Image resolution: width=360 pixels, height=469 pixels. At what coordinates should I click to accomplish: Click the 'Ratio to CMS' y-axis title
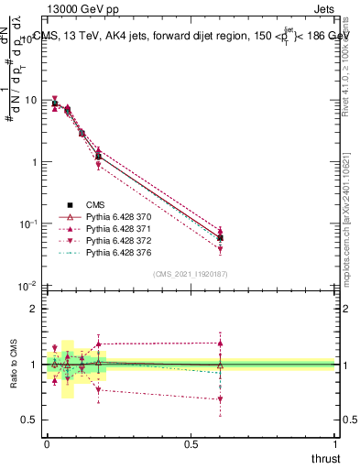(x=14, y=365)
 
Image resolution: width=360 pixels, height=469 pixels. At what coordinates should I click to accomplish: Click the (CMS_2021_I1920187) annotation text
(x=191, y=274)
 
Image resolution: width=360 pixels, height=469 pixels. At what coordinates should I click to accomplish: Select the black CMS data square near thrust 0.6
(x=220, y=237)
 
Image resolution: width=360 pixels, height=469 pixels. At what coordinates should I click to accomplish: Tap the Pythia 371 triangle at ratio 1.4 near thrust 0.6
(x=220, y=344)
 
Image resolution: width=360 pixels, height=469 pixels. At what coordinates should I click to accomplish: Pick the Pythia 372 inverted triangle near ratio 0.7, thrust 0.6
(x=220, y=399)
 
